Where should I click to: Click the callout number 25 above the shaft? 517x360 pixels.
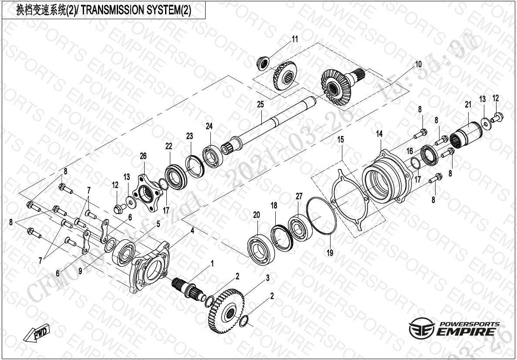260,105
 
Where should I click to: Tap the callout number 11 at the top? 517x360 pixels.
295,39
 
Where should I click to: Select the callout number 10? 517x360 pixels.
418,64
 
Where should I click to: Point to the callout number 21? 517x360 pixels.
468,105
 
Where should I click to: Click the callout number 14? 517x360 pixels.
379,134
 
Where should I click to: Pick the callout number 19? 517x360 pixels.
330,252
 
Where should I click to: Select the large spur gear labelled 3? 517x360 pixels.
226,310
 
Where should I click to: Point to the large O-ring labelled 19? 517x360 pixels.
321,214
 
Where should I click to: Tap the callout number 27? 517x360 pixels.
299,197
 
